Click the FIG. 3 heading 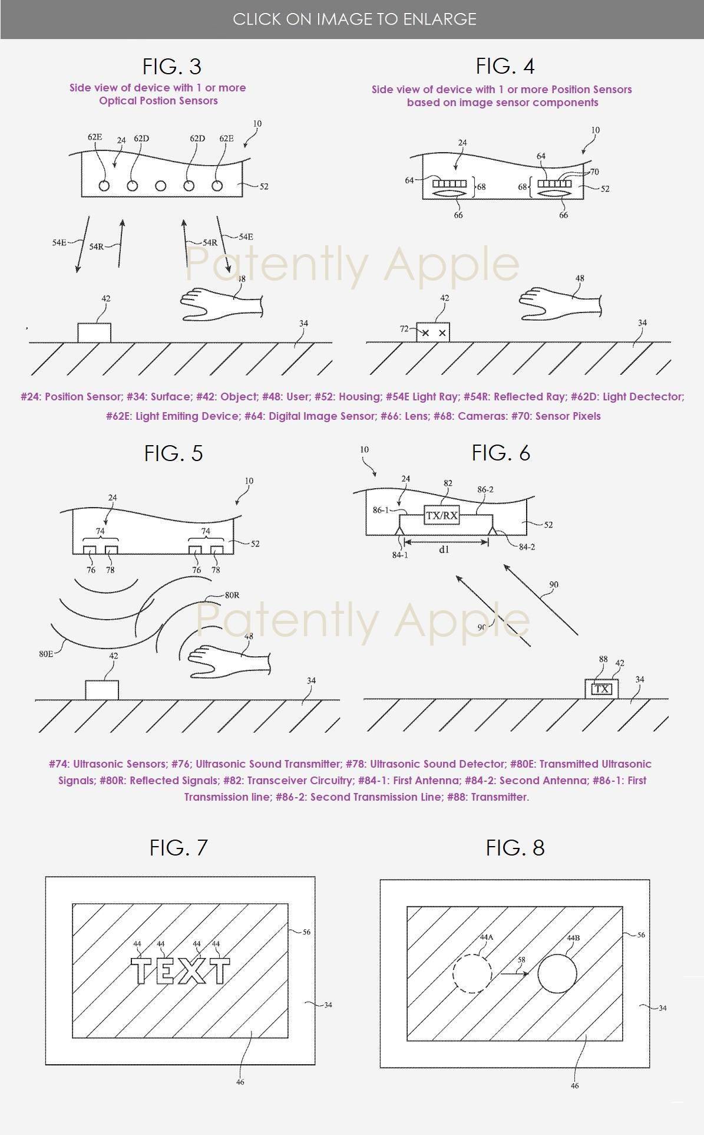(x=172, y=66)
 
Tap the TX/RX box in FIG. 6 (x=441, y=515)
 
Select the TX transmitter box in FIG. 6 (x=601, y=689)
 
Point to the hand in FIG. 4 (x=560, y=303)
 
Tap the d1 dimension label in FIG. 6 (x=444, y=549)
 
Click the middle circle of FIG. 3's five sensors (x=160, y=186)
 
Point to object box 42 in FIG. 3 (x=94, y=332)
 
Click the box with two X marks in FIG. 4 (x=433, y=332)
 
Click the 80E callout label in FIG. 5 (x=47, y=653)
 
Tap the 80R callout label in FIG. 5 (x=232, y=595)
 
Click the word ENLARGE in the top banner (x=439, y=19)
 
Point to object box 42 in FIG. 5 (x=102, y=690)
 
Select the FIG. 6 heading (x=501, y=452)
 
